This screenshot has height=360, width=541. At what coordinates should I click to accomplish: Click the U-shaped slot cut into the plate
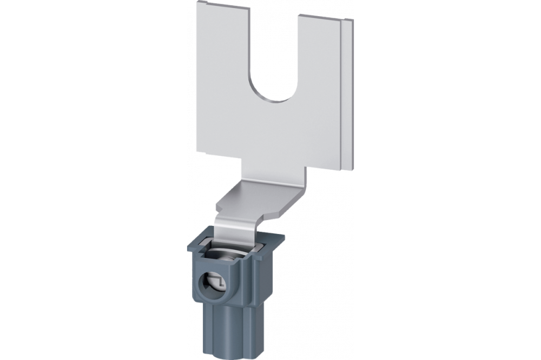(275, 59)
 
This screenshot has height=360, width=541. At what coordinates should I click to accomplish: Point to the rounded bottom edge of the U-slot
(275, 101)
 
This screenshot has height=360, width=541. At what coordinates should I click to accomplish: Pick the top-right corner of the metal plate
(353, 21)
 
